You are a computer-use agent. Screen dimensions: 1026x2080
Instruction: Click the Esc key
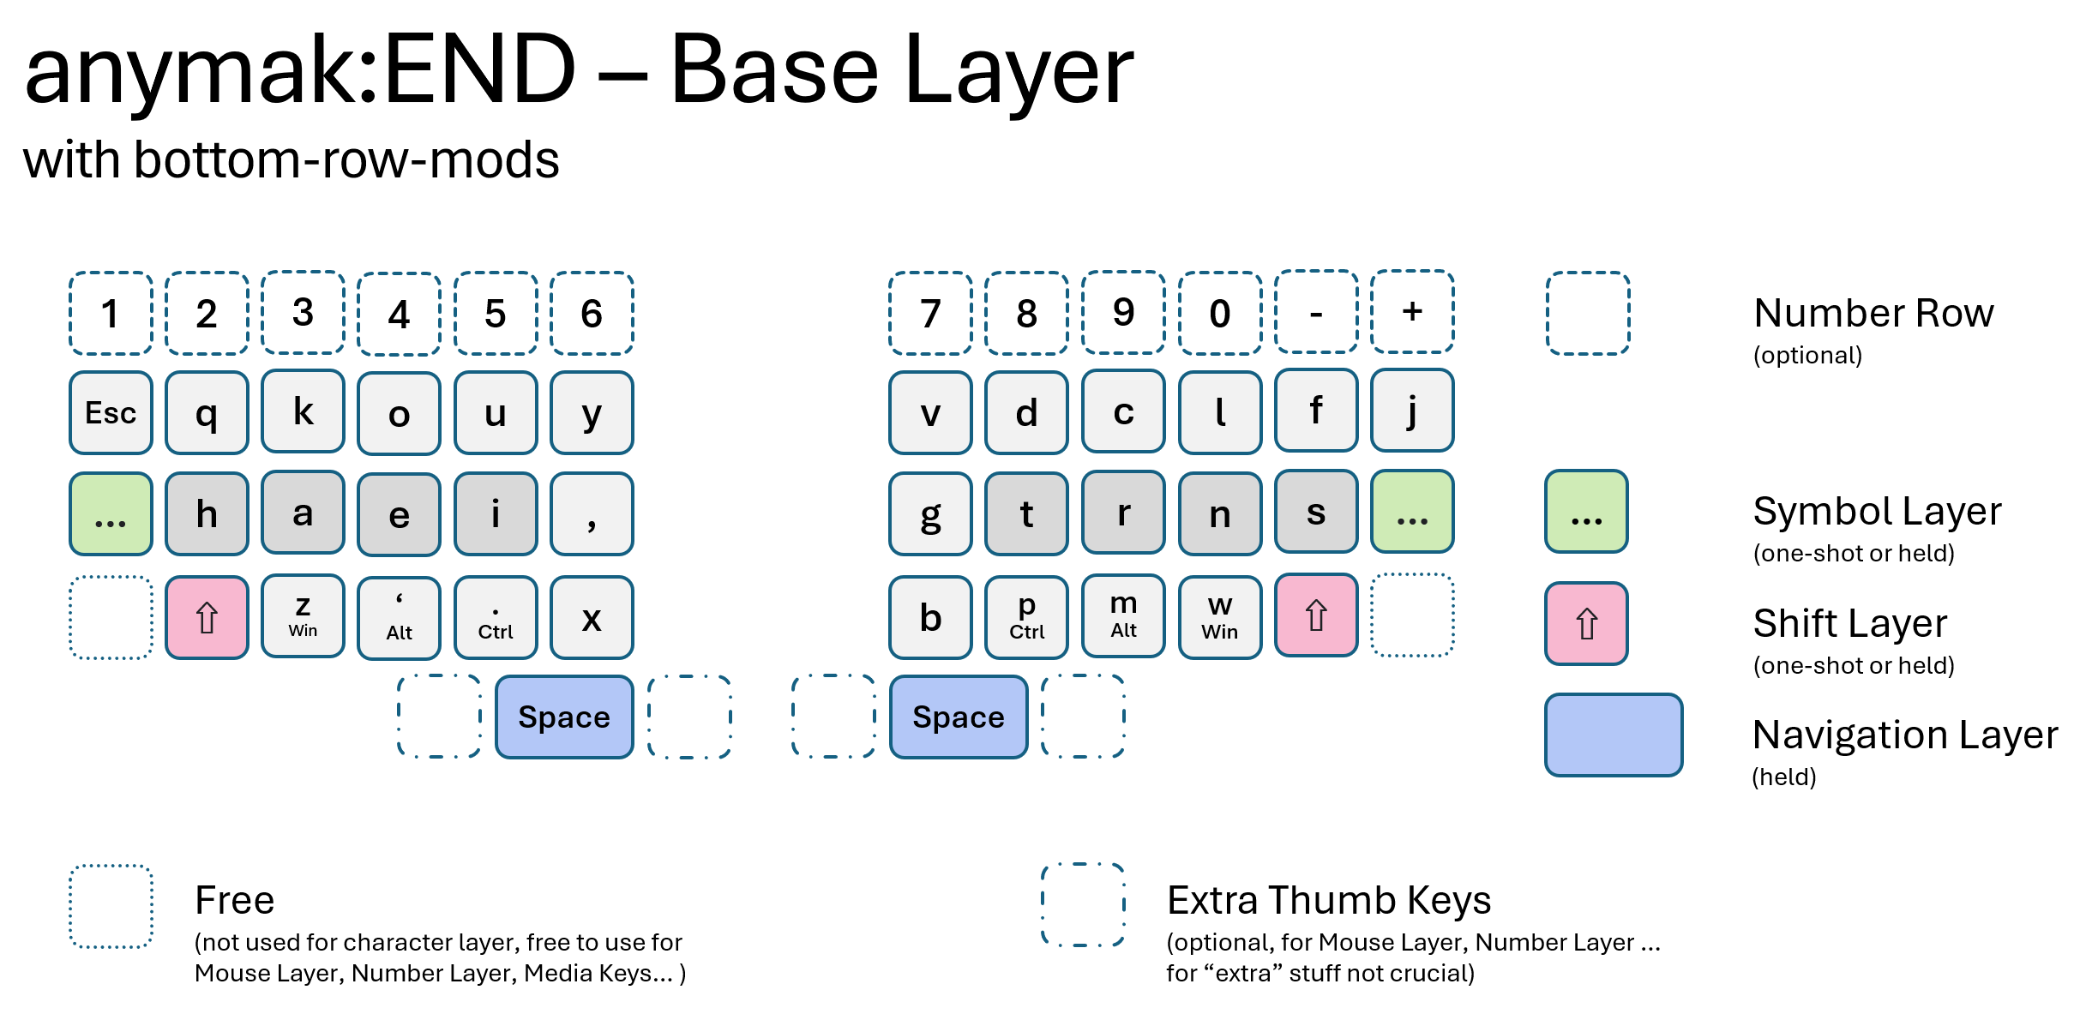pos(111,412)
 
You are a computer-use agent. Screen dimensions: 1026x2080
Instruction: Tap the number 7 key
pos(930,313)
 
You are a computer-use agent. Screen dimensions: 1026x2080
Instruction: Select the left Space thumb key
pos(564,717)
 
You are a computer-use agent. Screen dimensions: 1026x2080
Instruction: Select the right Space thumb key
pos(958,717)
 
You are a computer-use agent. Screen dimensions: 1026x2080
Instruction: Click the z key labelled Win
pos(303,616)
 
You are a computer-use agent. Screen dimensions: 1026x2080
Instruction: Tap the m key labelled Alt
pos(1123,616)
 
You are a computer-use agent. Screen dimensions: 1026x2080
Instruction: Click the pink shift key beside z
pos(207,617)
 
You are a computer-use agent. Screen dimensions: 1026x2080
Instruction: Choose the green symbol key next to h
pos(111,513)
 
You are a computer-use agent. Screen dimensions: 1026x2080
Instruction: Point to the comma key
pos(592,513)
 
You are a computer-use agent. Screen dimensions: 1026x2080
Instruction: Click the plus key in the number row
pos(1412,312)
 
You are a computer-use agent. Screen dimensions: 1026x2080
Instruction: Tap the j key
pos(1412,411)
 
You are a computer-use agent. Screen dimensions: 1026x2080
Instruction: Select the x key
pos(592,617)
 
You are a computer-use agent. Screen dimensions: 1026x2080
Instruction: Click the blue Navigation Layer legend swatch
pos(1613,735)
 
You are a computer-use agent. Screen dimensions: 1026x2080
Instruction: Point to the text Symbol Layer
pos(1877,511)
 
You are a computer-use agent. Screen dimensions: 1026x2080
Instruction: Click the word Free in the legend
pos(234,900)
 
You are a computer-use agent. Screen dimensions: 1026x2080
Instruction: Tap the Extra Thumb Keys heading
pos(1328,900)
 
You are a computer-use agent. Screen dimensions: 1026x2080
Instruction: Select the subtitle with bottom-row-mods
pos(292,160)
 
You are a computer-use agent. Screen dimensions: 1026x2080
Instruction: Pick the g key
pos(930,513)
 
